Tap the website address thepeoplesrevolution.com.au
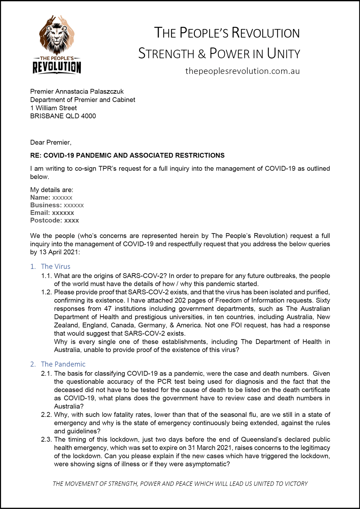click(242, 71)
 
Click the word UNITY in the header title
click(283, 54)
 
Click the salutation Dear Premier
click(50, 142)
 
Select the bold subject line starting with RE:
click(127, 155)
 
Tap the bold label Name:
click(40, 197)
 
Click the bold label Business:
click(46, 205)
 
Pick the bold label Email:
click(40, 213)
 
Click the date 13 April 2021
click(58, 252)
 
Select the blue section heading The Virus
click(55, 266)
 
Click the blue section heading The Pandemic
click(63, 364)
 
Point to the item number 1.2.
click(46, 292)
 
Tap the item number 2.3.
click(46, 439)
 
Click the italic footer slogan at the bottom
click(180, 483)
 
